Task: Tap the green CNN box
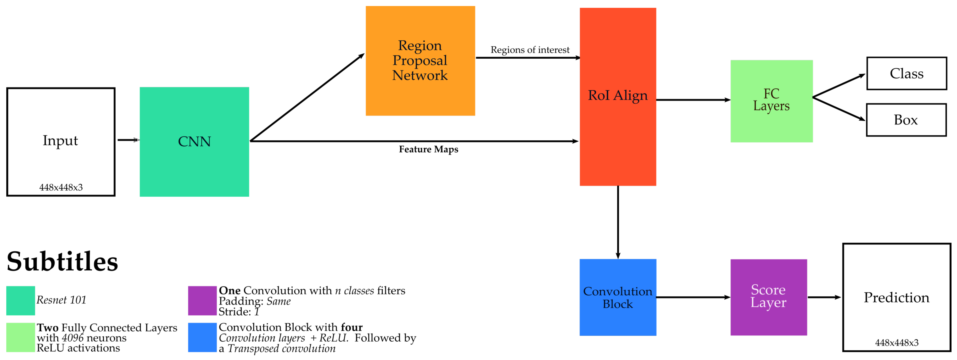(194, 142)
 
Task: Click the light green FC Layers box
(771, 101)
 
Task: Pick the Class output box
(906, 73)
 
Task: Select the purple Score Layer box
(768, 297)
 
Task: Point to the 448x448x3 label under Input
(61, 187)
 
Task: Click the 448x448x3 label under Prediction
(897, 342)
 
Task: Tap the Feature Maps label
(428, 149)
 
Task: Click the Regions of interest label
(530, 50)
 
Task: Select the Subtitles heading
(62, 262)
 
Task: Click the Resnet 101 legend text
(61, 300)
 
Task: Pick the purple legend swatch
(202, 300)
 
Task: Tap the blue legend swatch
(202, 337)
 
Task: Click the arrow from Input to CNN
(128, 140)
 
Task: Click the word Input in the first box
(60, 140)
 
